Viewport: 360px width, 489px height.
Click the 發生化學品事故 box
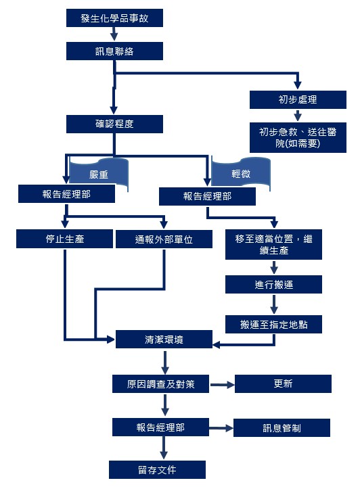(x=114, y=18)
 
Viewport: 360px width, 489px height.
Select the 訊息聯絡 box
(x=114, y=51)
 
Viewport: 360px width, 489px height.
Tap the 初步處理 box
(x=298, y=100)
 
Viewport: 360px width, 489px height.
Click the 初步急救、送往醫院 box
(x=298, y=137)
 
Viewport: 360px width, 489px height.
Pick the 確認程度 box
(x=114, y=124)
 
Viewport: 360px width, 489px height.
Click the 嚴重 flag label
(x=99, y=174)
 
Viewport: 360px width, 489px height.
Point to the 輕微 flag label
(x=240, y=173)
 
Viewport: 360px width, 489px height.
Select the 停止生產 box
(x=64, y=239)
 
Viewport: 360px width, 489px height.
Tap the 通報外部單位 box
(x=164, y=239)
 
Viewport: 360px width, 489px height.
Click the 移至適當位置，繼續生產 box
(x=273, y=245)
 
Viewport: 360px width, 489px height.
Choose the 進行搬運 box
(x=273, y=285)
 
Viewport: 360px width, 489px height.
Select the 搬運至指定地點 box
(x=273, y=325)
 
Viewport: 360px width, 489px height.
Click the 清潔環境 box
(x=164, y=340)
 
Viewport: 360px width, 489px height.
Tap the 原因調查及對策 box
(x=160, y=384)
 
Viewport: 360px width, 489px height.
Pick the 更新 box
(x=283, y=384)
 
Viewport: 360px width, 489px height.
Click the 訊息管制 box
(x=282, y=428)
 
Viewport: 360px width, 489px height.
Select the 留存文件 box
(x=157, y=469)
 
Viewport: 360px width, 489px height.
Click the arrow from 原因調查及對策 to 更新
(x=222, y=385)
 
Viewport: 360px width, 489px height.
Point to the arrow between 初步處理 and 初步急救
(x=298, y=116)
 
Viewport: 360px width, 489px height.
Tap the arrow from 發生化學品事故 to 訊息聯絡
(x=114, y=34)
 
